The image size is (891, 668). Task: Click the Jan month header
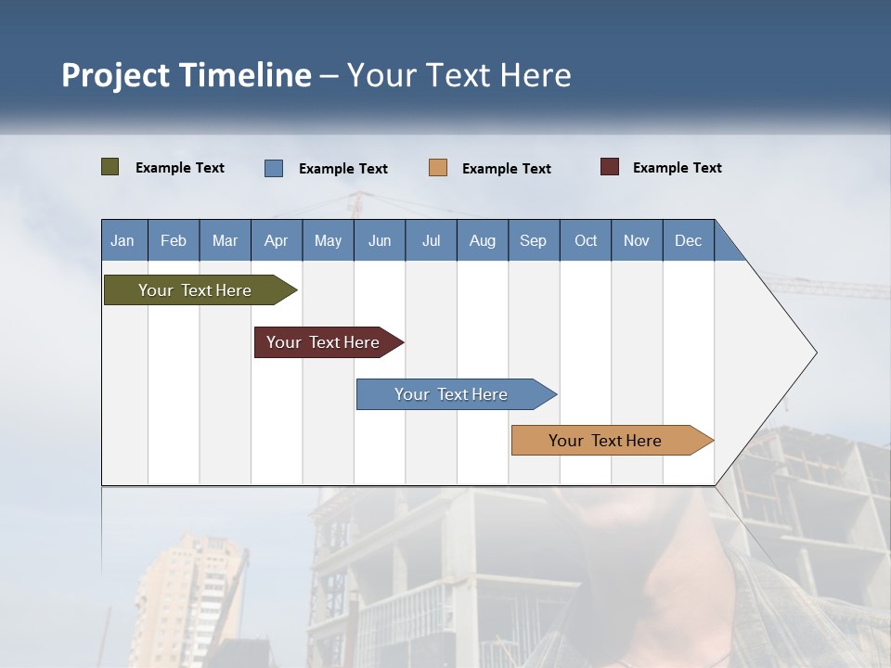pyautogui.click(x=123, y=240)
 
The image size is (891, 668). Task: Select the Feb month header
pyautogui.click(x=174, y=240)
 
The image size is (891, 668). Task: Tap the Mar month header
pyautogui.click(x=225, y=240)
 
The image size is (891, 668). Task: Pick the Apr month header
pyautogui.click(x=277, y=240)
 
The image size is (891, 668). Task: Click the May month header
pyautogui.click(x=328, y=240)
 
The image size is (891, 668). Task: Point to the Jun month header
pyautogui.click(x=380, y=240)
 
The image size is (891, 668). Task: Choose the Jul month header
pyautogui.click(x=431, y=240)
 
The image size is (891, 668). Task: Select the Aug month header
pyautogui.click(x=483, y=240)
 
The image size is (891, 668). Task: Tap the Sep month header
pyautogui.click(x=534, y=240)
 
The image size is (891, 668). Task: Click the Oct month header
pyautogui.click(x=586, y=240)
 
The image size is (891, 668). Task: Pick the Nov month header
pyautogui.click(x=637, y=240)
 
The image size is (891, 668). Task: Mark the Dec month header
pyautogui.click(x=689, y=240)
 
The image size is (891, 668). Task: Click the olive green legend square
pyautogui.click(x=110, y=167)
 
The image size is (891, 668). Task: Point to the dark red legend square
pyautogui.click(x=610, y=167)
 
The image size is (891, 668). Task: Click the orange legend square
pyautogui.click(x=438, y=168)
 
